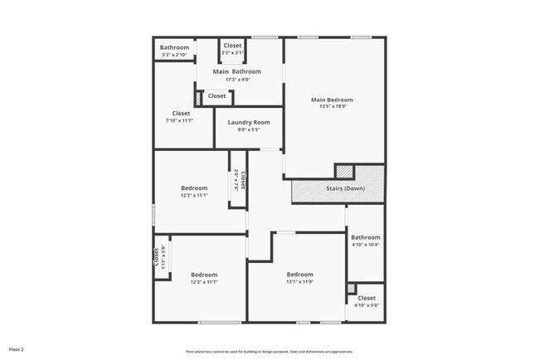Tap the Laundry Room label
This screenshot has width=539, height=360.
(249, 123)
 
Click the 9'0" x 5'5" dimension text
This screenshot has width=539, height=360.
(249, 130)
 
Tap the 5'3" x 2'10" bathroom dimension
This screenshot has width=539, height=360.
(174, 55)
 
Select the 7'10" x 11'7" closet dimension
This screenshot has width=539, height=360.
(182, 121)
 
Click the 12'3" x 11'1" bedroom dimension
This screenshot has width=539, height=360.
(194, 197)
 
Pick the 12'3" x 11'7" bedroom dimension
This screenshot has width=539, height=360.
(204, 283)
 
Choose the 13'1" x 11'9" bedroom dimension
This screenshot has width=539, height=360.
(299, 282)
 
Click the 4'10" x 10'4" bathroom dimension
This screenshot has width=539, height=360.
(366, 245)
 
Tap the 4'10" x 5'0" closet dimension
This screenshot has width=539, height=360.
(366, 305)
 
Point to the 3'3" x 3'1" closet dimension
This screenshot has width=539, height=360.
(232, 52)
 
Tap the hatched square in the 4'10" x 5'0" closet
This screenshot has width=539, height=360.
(352, 289)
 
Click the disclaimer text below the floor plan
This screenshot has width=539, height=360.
(269, 351)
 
